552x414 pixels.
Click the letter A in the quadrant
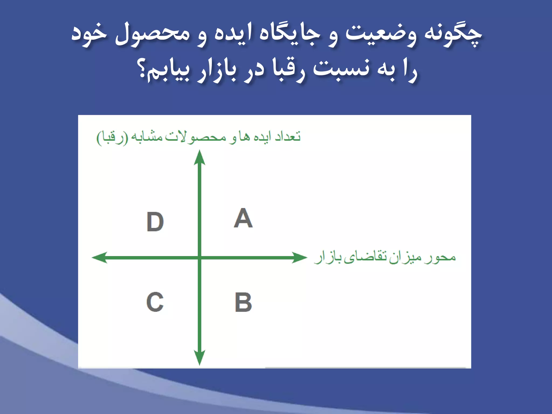click(243, 218)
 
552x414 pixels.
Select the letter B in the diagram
click(243, 302)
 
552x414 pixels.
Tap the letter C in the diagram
click(155, 302)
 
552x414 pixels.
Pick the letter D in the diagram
click(155, 222)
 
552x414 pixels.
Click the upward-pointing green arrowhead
click(199, 158)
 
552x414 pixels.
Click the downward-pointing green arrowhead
click(199, 357)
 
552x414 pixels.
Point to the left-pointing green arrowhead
click(100, 257)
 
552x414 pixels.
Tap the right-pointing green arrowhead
click(299, 257)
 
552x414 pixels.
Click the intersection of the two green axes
click(199, 257)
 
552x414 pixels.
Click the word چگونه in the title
click(453, 35)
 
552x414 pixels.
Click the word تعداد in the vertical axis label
click(288, 137)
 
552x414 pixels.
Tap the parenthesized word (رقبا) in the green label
click(112, 138)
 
